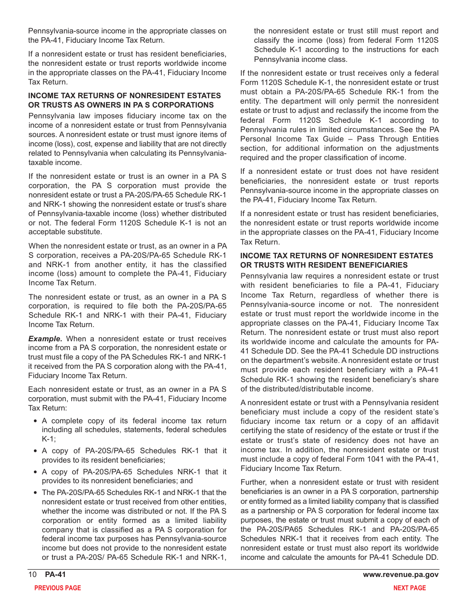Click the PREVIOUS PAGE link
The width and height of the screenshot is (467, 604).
(x=58, y=588)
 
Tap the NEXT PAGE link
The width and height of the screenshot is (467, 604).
(x=409, y=588)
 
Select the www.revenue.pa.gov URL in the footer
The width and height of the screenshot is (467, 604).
(x=401, y=575)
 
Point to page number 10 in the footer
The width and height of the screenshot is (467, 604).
(x=32, y=575)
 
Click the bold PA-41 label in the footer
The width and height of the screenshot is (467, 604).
(x=56, y=575)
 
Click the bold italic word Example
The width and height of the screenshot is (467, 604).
(x=45, y=339)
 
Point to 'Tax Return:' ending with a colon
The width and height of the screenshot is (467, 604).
(x=47, y=408)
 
